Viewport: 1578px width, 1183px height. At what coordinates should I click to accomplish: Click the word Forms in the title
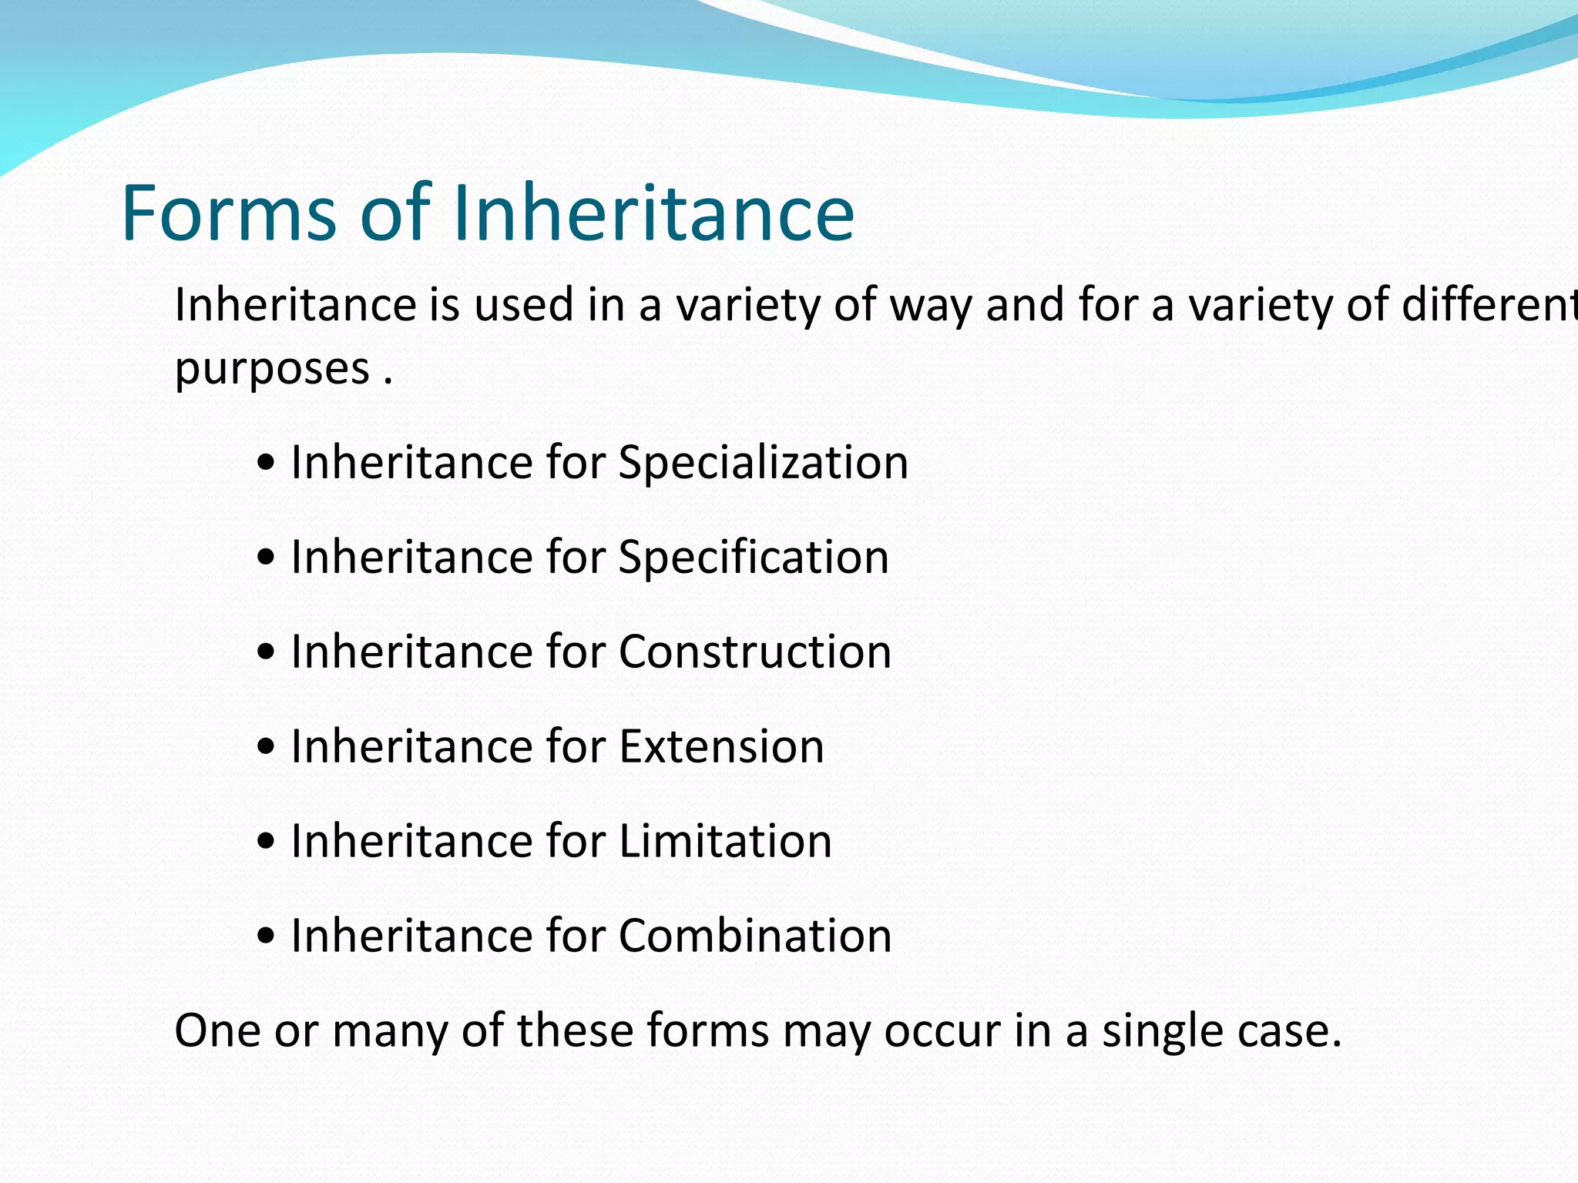[229, 213]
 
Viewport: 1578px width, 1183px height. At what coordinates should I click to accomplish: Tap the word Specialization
[763, 464]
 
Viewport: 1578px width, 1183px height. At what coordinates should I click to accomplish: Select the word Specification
[753, 558]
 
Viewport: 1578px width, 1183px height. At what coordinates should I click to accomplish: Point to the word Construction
[754, 652]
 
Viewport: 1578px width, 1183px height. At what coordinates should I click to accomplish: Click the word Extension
[721, 747]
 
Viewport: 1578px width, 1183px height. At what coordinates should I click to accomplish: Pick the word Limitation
[725, 841]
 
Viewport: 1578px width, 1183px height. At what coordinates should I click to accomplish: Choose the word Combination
[754, 936]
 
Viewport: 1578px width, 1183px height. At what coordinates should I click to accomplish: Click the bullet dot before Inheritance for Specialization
[266, 464]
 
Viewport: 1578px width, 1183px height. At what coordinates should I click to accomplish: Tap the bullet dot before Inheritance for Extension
[266, 748]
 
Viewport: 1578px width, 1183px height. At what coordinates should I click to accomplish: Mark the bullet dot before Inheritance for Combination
[266, 937]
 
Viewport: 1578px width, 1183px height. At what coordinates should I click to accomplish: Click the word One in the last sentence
[218, 1031]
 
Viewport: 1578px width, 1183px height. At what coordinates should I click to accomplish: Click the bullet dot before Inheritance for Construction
[266, 653]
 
